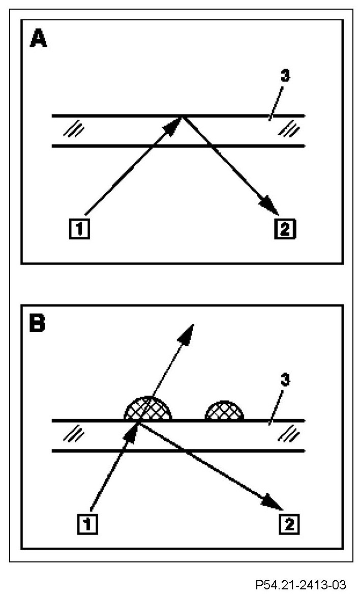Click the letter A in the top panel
pyautogui.click(x=39, y=39)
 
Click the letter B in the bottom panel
pyautogui.click(x=38, y=324)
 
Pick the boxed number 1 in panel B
pyautogui.click(x=87, y=523)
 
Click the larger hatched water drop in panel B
pyautogui.click(x=148, y=408)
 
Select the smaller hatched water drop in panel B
pyautogui.click(x=224, y=411)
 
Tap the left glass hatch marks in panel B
pyautogui.click(x=74, y=435)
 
